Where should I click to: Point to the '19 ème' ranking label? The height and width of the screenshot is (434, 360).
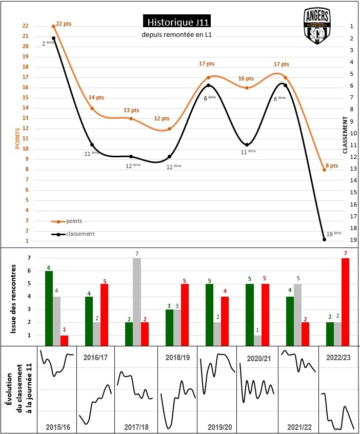pyautogui.click(x=333, y=234)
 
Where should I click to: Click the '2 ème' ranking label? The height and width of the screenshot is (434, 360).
pyautogui.click(x=48, y=44)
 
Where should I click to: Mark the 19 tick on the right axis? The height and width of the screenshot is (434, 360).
pyautogui.click(x=351, y=240)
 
